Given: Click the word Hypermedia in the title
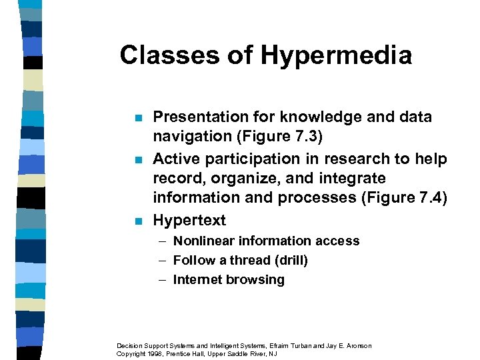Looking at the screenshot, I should pos(336,56).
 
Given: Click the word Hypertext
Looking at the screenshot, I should pos(189,221).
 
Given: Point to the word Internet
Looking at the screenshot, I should pos(198,280).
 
